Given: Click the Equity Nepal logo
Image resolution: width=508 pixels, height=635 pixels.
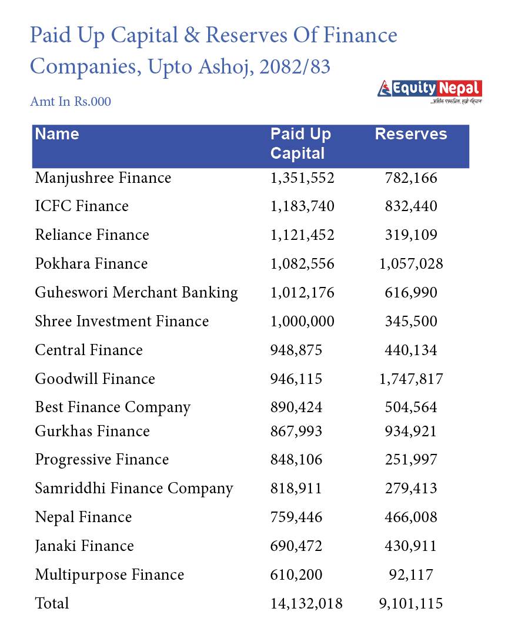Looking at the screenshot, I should [430, 91].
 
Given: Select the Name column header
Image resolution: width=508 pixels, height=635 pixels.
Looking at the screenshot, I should [57, 134].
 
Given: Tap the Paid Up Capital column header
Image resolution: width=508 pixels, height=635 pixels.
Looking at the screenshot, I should [300, 143].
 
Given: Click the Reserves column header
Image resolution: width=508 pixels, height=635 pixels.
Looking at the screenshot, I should [411, 134].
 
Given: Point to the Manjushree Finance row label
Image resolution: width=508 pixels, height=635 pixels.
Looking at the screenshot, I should [103, 178].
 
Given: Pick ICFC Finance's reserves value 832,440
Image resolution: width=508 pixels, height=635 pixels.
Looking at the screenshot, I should [411, 206].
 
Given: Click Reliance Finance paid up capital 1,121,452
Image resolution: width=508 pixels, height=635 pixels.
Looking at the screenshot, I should [302, 235].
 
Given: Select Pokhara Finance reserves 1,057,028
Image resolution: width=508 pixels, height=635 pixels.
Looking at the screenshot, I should [411, 264].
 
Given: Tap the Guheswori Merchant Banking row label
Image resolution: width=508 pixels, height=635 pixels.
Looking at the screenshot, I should [136, 293].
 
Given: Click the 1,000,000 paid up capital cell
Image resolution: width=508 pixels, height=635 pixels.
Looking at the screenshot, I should [302, 322].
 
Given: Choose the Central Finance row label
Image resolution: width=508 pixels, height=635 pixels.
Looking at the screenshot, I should [89, 350].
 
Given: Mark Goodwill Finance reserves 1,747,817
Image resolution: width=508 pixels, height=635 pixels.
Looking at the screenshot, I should [411, 379].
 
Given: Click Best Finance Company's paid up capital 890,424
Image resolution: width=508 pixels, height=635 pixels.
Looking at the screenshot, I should [296, 407].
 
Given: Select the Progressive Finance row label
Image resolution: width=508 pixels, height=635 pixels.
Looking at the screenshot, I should [102, 460].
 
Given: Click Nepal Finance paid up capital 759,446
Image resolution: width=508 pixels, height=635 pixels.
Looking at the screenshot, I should [296, 517].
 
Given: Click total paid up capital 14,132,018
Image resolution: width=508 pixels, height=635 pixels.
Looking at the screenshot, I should [306, 604].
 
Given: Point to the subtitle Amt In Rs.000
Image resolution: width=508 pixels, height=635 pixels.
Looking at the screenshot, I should [71, 102].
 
